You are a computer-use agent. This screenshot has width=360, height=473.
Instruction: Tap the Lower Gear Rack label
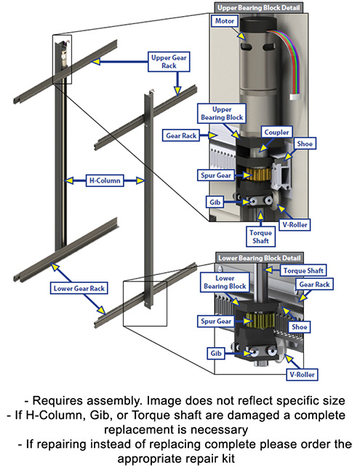(78, 288)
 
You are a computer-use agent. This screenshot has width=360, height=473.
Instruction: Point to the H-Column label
(103, 179)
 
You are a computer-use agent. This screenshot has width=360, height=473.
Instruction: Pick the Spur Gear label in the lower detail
(215, 319)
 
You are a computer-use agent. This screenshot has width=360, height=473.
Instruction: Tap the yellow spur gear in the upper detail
(257, 175)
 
